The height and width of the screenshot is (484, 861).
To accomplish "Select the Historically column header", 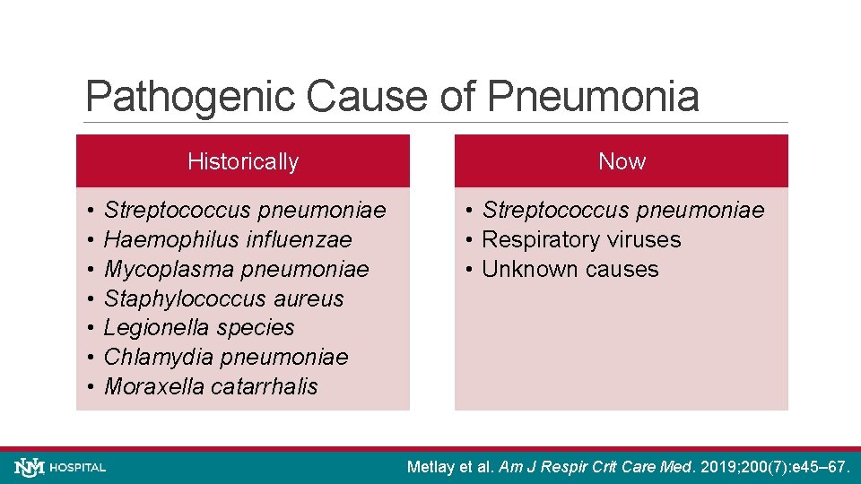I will pos(243,161).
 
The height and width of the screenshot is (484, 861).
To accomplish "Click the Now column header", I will pos(622,161).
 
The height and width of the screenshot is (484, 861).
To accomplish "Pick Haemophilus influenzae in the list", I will pos(228,239).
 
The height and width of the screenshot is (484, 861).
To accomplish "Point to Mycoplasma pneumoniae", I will pos(236,269).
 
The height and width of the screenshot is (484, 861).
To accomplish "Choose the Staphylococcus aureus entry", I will pos(223,298).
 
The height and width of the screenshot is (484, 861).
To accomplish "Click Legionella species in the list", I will pos(199,328).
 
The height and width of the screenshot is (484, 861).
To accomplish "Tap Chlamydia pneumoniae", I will pos(226,358).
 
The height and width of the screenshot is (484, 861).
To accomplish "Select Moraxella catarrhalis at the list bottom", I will pos(211,387).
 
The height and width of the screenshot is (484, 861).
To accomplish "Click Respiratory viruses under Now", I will pos(581,239).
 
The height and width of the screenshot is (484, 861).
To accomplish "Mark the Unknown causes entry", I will pos(570,269).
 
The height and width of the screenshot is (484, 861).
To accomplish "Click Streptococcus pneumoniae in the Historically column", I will pos(245,210).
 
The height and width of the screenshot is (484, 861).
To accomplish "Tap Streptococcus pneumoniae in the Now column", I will pos(623,210).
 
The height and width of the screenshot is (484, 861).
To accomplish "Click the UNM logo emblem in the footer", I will pos(30,467).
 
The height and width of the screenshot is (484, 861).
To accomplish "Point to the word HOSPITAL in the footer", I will pos(79,468).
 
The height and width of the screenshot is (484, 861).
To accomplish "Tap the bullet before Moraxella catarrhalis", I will pos(92,387).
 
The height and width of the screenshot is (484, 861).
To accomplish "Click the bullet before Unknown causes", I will pos(471,269).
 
